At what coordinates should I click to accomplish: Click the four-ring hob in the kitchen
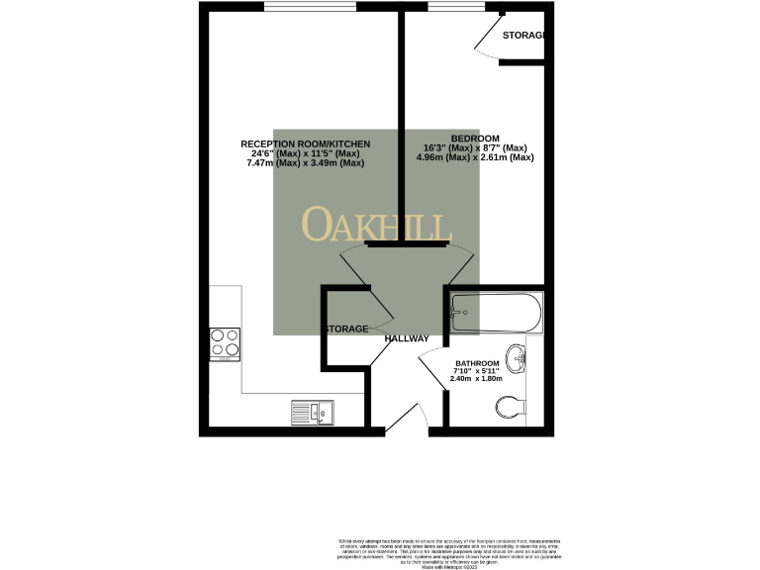(x=225, y=341)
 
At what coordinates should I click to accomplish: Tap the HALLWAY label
(x=407, y=338)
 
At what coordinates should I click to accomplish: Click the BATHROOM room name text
(x=476, y=362)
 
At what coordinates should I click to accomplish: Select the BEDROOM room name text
(x=475, y=138)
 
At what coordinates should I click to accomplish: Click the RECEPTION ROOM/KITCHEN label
(x=306, y=143)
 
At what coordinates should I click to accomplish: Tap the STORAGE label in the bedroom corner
(x=522, y=36)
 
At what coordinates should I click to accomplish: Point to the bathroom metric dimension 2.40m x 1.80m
(x=476, y=379)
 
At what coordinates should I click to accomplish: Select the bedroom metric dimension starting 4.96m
(x=475, y=157)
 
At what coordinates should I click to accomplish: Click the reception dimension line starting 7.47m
(x=306, y=162)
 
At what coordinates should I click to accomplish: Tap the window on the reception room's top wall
(x=310, y=7)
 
